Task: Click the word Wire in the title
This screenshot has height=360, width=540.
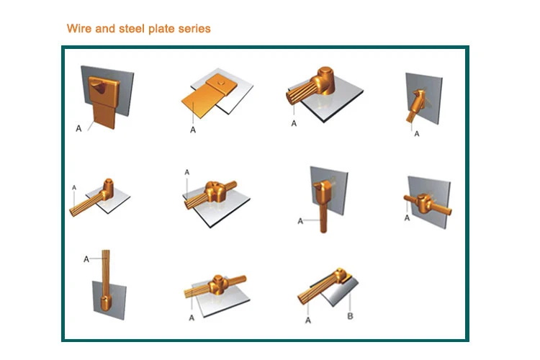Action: (x=79, y=28)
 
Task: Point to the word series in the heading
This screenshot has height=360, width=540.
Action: (x=194, y=29)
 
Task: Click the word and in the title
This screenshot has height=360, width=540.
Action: (x=105, y=28)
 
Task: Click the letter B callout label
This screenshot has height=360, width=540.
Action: (x=350, y=316)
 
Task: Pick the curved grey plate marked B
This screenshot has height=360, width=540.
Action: (x=341, y=291)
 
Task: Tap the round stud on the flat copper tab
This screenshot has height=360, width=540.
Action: (x=220, y=82)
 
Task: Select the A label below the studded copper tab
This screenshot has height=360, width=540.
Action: (x=193, y=130)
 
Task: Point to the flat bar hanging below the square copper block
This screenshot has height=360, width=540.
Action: (x=104, y=114)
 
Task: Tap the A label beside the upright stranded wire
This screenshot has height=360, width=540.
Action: (x=86, y=259)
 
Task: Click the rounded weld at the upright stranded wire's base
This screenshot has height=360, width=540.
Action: (x=105, y=302)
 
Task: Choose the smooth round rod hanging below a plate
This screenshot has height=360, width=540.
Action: (x=323, y=217)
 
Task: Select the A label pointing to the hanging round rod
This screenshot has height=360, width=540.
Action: (x=300, y=221)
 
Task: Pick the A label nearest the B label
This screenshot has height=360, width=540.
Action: (x=308, y=320)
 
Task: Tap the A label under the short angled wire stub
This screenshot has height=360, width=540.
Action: (x=417, y=134)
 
